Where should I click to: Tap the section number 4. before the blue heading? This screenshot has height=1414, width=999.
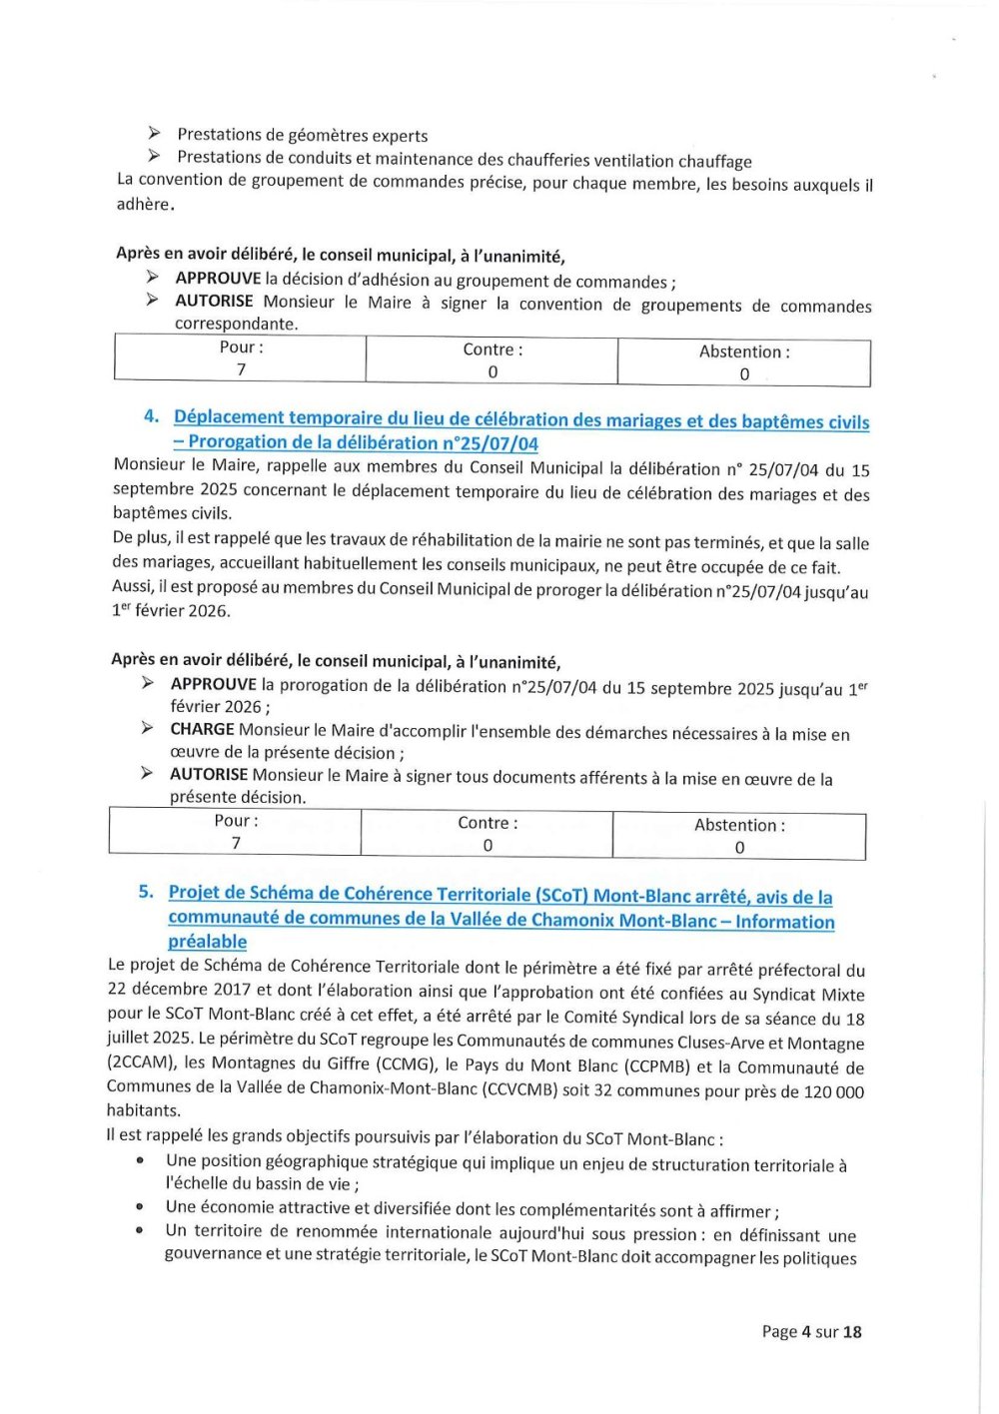click(x=152, y=416)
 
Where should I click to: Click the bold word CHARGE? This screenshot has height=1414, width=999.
click(x=202, y=730)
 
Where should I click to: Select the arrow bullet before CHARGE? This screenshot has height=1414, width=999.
click(x=147, y=729)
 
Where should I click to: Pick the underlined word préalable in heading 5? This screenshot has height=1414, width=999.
click(x=207, y=942)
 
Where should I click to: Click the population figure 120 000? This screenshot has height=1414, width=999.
click(x=833, y=1091)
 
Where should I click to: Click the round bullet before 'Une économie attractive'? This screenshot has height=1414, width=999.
click(x=141, y=1207)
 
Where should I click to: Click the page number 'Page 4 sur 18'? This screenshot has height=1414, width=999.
click(x=810, y=1331)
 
